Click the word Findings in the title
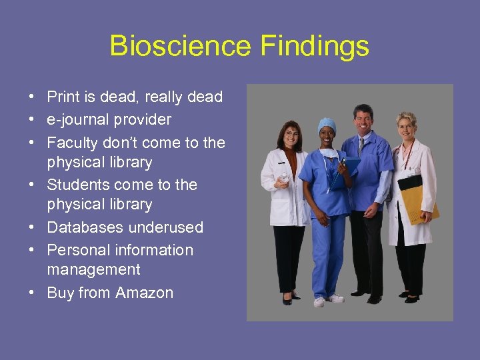(315, 46)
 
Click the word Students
(78, 185)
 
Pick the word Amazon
(144, 293)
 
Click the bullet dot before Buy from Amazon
(32, 293)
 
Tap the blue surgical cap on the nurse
(327, 124)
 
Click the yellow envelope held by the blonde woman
(422, 203)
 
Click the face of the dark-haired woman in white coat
(291, 138)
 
